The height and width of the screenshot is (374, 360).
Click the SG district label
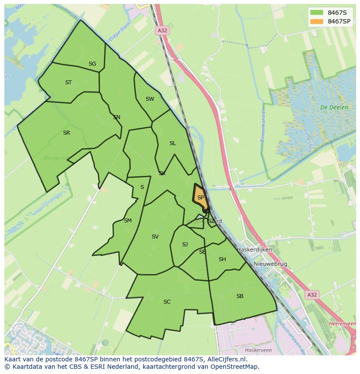(92, 64)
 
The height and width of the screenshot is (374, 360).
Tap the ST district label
(68, 83)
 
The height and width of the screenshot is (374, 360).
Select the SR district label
(66, 133)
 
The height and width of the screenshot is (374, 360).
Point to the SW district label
(150, 99)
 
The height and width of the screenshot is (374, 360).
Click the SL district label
(173, 143)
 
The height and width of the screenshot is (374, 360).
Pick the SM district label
(127, 221)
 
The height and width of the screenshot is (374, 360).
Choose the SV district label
(155, 237)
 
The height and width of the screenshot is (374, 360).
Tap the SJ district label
(185, 245)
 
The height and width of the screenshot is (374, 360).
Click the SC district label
(167, 302)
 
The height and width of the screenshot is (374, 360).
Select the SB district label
(240, 296)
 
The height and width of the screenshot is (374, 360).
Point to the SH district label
(222, 259)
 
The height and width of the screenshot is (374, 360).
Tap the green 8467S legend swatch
(317, 12)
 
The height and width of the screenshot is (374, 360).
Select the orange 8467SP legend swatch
(317, 21)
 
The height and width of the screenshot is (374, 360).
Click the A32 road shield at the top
(162, 30)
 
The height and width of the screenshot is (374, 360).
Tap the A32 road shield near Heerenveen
(312, 295)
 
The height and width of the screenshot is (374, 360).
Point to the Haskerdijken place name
(254, 250)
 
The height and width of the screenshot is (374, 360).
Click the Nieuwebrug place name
(270, 264)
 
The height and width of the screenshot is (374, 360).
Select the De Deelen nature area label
(334, 107)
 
